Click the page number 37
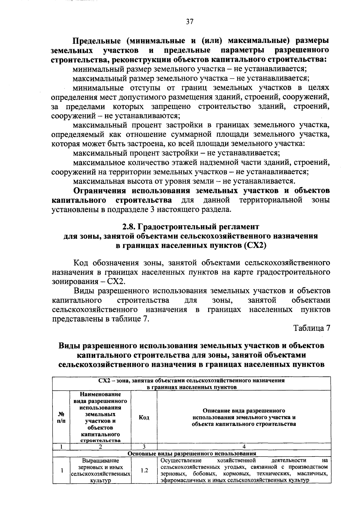tap(190, 22)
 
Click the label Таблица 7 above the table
tap(312, 328)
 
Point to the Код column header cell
tap(144, 418)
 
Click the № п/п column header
tap(61, 417)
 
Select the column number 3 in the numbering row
tap(144, 446)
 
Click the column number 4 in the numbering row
tap(244, 446)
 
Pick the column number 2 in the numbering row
tap(100, 446)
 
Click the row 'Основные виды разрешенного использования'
tap(192, 454)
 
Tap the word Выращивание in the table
tap(100, 460)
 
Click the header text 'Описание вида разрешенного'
tap(244, 411)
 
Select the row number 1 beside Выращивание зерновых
tap(61, 470)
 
